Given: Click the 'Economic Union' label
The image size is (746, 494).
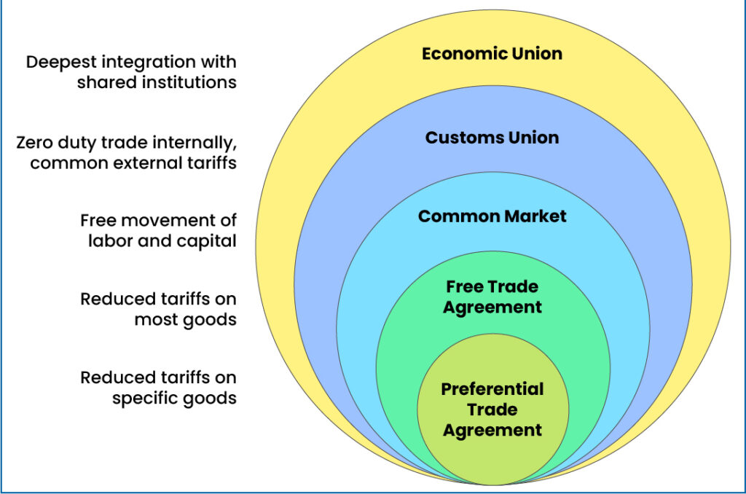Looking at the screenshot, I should pos(492,54).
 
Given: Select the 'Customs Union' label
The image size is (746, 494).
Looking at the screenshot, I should pos(492,137).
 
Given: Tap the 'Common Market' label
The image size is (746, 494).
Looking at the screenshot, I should pos(492,216).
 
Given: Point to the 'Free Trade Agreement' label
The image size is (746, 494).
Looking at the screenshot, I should pos(492,297).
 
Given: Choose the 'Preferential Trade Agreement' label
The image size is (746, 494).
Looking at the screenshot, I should pos(492,409).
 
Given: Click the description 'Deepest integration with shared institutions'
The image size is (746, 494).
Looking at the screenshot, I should pos(131,71).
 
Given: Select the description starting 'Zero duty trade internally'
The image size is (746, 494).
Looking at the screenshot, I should pos(126,152).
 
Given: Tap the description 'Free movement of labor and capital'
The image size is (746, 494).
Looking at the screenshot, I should pos(158,230).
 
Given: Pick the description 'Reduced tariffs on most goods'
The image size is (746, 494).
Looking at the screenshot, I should pos(158,309).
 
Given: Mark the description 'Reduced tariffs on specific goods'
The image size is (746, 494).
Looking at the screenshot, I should pos(158,388).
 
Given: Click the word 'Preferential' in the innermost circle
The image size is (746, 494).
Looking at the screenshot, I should pos(492,389).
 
